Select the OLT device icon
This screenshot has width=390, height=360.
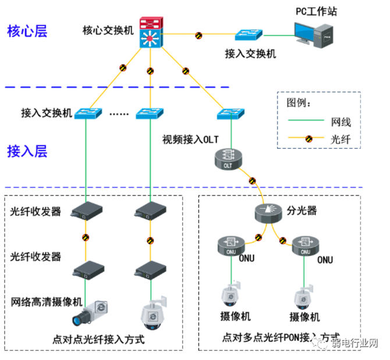pos(227,160)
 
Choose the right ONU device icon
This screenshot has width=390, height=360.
pos(304,245)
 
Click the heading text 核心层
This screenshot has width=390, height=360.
pos(26,31)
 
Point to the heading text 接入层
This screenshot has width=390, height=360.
pos(26,152)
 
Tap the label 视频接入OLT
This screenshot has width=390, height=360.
pos(190,140)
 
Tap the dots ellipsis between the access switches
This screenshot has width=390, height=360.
pos(119,113)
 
